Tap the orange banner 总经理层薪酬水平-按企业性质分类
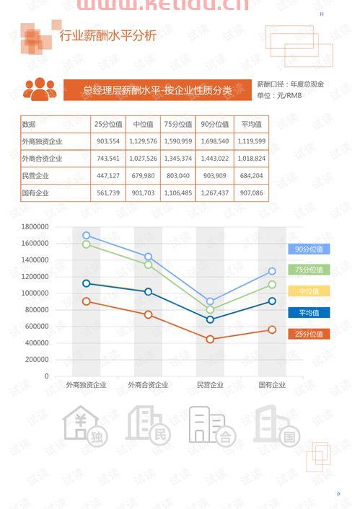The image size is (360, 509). [x=157, y=90]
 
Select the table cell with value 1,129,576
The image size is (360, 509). [x=142, y=141]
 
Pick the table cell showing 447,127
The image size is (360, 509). [x=108, y=176]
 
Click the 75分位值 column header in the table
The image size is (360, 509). [x=177, y=124]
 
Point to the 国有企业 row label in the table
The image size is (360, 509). [x=36, y=193]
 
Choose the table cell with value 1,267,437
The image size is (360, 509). [x=214, y=193]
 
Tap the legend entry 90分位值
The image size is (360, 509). [x=308, y=249]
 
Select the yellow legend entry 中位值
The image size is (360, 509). [x=308, y=291]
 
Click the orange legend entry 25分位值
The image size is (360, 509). [x=308, y=334]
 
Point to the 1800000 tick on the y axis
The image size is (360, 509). [x=35, y=226]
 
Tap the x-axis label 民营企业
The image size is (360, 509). [x=210, y=385]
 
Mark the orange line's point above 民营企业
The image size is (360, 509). [x=210, y=339]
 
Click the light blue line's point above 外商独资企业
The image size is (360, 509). [x=87, y=236]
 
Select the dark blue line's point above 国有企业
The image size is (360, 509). [x=272, y=301]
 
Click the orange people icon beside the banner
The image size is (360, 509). [x=40, y=89]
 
